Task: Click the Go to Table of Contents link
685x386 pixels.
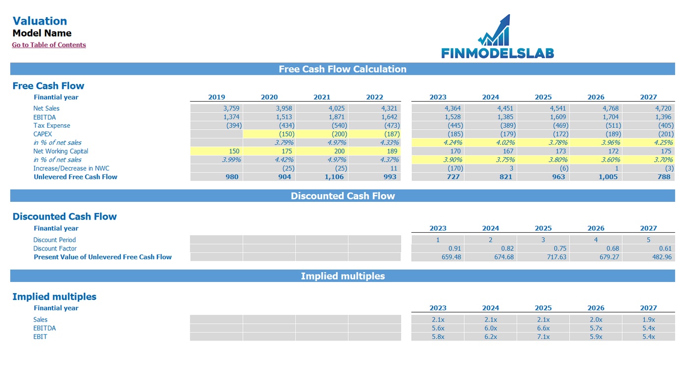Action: click(x=49, y=45)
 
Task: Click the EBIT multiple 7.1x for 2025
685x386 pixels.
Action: click(x=543, y=337)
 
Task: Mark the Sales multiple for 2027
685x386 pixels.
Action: click(x=648, y=320)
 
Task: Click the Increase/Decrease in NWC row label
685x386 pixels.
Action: click(x=71, y=168)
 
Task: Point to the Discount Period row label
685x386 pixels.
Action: click(x=54, y=240)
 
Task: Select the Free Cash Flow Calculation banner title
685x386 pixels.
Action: click(x=342, y=69)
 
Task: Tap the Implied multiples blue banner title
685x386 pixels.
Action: click(x=342, y=276)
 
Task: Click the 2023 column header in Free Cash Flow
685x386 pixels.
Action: click(x=438, y=97)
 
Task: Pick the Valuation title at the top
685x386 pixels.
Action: click(x=40, y=21)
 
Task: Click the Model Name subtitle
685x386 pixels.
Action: click(x=42, y=33)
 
